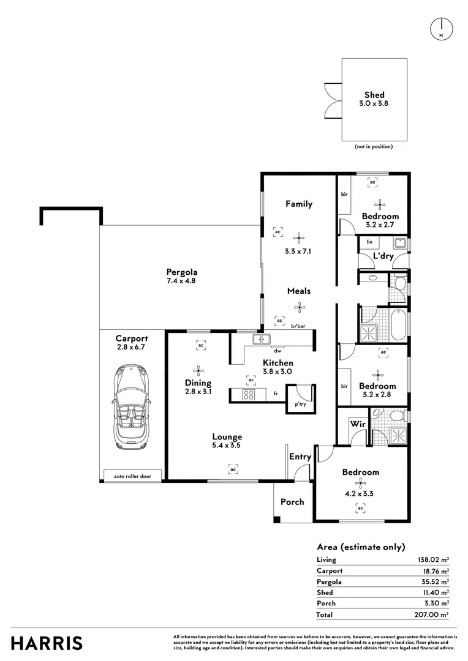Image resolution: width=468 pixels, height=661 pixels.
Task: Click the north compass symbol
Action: (x=441, y=29)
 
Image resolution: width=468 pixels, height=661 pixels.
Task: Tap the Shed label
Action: (x=374, y=95)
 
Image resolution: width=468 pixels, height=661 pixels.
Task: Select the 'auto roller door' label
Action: (x=132, y=476)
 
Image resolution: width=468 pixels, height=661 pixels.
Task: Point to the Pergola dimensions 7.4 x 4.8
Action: (x=181, y=281)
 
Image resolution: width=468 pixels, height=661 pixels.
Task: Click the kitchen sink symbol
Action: (x=262, y=339)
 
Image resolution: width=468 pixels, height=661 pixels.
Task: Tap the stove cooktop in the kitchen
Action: (x=248, y=395)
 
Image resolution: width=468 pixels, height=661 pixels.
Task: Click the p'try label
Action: (x=301, y=405)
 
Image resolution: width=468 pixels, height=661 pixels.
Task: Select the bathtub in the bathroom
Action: (x=399, y=325)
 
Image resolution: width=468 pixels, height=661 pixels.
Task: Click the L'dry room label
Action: (x=383, y=256)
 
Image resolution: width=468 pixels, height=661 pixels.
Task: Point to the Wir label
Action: (x=358, y=424)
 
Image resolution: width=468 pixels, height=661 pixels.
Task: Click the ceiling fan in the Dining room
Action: (x=198, y=371)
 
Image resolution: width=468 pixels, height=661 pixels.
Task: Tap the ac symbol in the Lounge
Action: (x=233, y=469)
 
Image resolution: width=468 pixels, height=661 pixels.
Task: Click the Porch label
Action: (x=292, y=502)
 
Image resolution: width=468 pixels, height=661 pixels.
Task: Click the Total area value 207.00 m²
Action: (x=431, y=614)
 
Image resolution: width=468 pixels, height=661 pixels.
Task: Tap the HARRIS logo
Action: (x=47, y=644)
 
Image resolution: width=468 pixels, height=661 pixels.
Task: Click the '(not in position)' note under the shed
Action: (x=374, y=147)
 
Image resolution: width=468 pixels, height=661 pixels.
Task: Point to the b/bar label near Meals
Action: (x=298, y=326)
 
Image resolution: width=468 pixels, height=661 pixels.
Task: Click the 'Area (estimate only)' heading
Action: (x=361, y=547)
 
